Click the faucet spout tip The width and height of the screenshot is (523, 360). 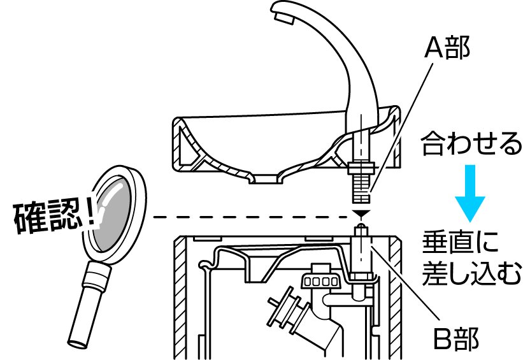click(283, 15)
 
